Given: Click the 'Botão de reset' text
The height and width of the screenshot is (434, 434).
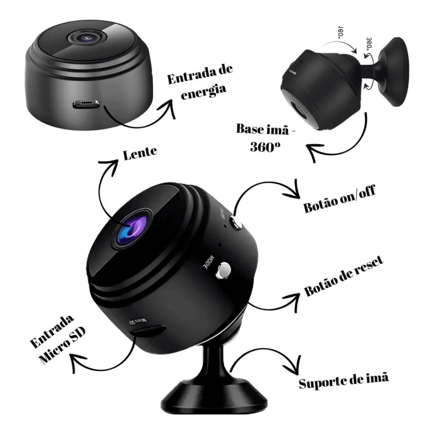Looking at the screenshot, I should point(344,277).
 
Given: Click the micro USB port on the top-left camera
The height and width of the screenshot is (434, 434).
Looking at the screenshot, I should point(85,104).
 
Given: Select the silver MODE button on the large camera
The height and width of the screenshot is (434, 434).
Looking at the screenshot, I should point(223,270).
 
